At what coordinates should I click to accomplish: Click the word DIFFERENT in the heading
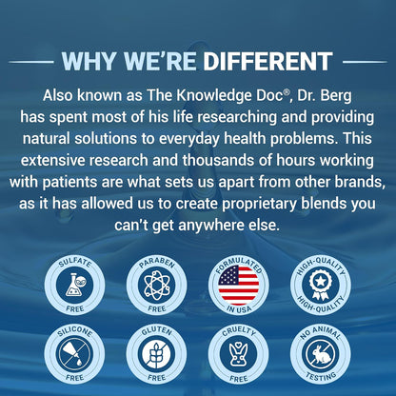coord(267,61)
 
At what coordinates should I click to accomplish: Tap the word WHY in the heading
coord(88,61)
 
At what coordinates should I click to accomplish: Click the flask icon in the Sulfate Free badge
coord(75,285)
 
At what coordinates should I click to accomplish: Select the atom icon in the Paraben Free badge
coord(157,285)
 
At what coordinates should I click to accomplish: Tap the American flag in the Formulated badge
coord(239,285)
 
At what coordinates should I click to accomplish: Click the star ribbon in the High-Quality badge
coord(321,285)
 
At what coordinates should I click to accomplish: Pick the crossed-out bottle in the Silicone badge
coord(75,353)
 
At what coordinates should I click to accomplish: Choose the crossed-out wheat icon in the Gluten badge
coord(157,353)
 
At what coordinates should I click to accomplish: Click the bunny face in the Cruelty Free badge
coord(239,353)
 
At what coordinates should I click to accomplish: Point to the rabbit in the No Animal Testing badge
coord(321,354)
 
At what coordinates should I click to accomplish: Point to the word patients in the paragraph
coord(69,182)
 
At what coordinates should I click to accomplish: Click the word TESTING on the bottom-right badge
coord(321,376)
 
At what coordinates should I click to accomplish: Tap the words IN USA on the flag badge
coord(239,308)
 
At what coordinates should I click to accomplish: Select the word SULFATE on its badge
coord(75,263)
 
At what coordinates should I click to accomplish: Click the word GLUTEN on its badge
coord(157,331)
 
